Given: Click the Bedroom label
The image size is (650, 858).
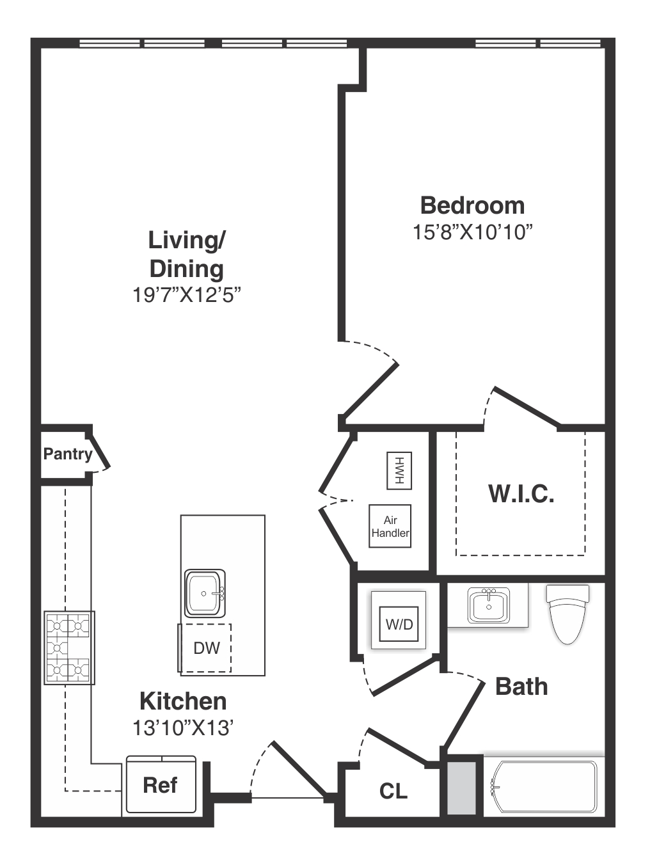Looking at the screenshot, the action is pos(472,205).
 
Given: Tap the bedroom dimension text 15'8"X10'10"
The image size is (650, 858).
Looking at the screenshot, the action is pos(473,233).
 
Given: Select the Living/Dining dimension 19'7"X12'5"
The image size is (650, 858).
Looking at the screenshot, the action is pos(186,295).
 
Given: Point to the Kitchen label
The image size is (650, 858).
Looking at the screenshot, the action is pos(183,701).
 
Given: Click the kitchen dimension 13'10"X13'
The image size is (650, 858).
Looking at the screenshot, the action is pos(183,728).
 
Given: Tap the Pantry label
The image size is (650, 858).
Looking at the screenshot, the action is pos(68,454).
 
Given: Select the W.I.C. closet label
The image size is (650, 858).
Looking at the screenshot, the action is pos(521,493).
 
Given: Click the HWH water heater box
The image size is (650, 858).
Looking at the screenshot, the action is pos(399,471).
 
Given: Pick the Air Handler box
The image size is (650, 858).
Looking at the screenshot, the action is pos(390,526).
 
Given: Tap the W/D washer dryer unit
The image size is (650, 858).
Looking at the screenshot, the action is pos(399,624).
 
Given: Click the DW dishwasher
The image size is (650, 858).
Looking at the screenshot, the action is pos(205,647).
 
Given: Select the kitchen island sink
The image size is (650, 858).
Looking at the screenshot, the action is pos(205,593).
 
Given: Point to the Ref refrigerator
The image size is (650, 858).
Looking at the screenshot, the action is pos(161,784).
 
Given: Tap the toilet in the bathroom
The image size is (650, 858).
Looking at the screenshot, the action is pos(567,614).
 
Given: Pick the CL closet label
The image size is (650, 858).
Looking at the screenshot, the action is pos(393,791).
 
